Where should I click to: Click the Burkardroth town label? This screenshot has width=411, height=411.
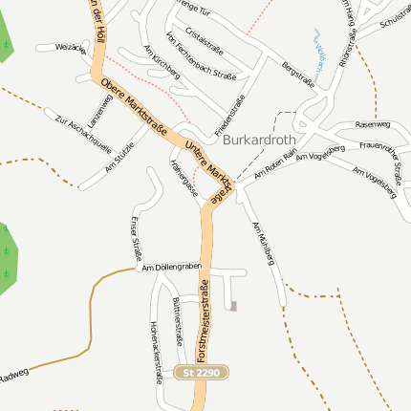pyautogui.click(x=260, y=139)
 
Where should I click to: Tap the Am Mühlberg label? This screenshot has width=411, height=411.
pyautogui.click(x=263, y=245)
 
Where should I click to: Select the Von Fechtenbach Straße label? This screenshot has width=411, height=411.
pyautogui.click(x=200, y=55)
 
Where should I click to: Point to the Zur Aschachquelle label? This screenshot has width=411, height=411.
pyautogui.click(x=84, y=136)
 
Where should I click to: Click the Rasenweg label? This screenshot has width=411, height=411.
pyautogui.click(x=373, y=124)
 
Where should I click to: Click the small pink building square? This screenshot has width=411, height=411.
pyautogui.click(x=233, y=305)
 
